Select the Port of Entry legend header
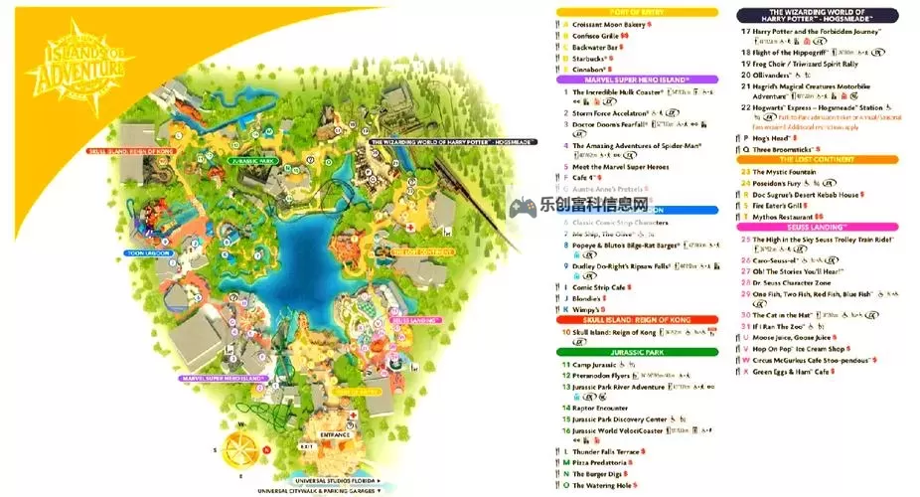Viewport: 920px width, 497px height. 637,12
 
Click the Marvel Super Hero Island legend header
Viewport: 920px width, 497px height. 637,79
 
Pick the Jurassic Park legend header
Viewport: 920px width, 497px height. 637,352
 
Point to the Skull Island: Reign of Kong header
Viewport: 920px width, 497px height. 637,320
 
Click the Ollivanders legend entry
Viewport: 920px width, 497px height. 781,75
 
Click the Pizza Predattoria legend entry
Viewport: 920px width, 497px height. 600,463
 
